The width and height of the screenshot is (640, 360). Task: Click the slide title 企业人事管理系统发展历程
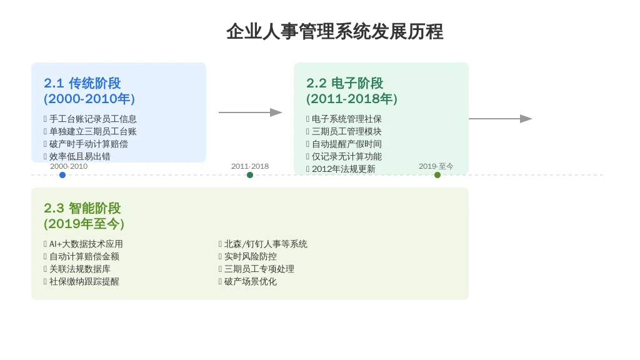tap(334, 31)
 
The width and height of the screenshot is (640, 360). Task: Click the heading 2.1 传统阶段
tap(82, 83)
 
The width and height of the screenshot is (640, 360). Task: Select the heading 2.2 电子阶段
tap(345, 83)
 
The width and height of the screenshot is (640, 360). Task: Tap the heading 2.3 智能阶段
tap(82, 208)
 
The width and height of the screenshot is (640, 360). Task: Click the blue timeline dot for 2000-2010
tap(62, 175)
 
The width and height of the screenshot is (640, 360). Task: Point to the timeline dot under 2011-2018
tap(250, 175)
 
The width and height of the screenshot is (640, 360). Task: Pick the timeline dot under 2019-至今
tap(437, 175)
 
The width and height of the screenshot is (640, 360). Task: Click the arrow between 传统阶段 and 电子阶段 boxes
tap(250, 112)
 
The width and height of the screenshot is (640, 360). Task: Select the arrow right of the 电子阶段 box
tap(500, 119)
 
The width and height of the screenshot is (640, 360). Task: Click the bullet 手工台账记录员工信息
tap(92, 119)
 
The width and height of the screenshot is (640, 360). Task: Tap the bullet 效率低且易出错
tap(79, 156)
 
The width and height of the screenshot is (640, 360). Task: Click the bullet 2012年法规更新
tap(343, 169)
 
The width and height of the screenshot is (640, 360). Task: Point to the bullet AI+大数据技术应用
tap(86, 244)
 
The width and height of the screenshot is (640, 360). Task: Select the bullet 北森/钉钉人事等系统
tap(266, 244)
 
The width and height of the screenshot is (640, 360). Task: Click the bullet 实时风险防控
tap(250, 256)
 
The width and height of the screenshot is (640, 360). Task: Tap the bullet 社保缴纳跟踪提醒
tap(84, 281)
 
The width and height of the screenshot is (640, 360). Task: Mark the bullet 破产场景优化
tap(250, 281)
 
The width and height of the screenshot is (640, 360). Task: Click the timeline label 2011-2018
tap(250, 166)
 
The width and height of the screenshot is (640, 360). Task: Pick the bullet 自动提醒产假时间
tap(346, 144)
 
